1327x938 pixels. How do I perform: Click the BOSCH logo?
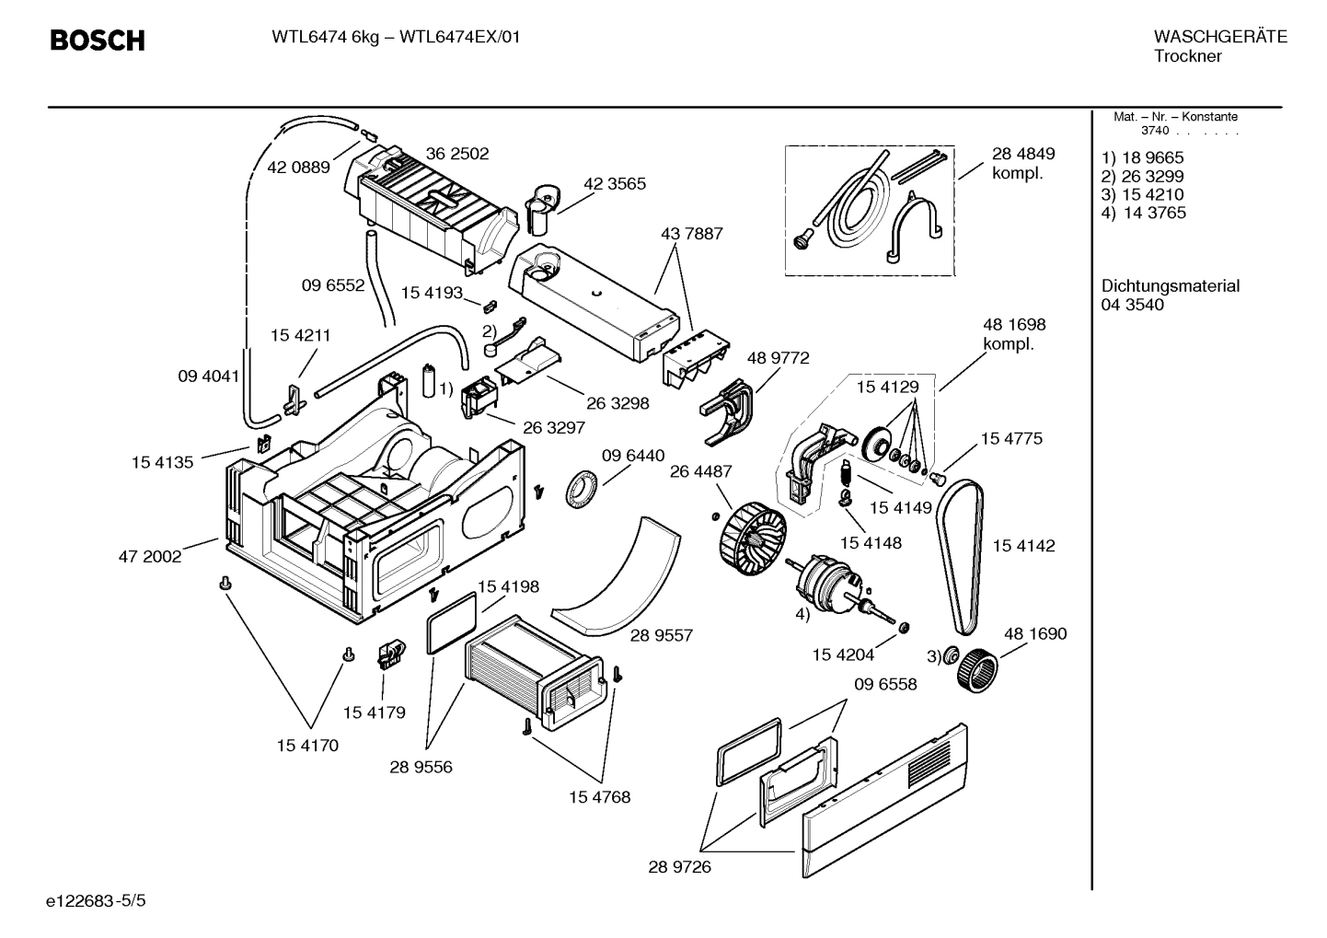coord(97,41)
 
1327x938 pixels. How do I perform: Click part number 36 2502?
coord(456,154)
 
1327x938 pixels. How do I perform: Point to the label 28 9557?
coord(661,635)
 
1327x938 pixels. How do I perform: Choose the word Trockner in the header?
coord(1187,56)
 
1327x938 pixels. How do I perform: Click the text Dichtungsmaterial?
coord(1170,286)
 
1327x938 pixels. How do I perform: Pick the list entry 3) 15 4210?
coord(1142,194)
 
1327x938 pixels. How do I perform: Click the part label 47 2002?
coord(150,556)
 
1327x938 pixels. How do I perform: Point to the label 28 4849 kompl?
coord(1022,163)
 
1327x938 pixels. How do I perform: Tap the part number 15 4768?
coord(599,797)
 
